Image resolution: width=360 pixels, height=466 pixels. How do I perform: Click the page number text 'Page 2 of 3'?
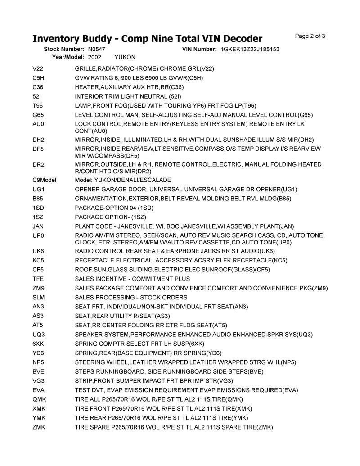(x=310, y=36)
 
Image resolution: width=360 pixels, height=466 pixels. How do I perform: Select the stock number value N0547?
(x=97, y=49)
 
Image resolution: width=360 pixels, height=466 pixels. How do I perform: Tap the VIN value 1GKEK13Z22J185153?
(x=250, y=49)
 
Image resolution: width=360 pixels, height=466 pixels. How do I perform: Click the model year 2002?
(x=94, y=57)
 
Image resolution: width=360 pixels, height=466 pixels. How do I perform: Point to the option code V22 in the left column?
(x=38, y=68)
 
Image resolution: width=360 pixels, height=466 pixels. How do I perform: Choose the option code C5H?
(x=38, y=78)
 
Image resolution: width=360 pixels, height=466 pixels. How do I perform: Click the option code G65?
(x=38, y=115)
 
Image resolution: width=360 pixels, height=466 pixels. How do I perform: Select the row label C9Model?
(x=44, y=180)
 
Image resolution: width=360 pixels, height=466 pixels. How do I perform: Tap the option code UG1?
(x=39, y=189)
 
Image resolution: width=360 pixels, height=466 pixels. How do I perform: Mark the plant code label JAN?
(x=38, y=226)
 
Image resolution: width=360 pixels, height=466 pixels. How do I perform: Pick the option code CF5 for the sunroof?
(x=38, y=270)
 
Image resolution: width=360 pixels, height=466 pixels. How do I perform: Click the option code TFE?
(x=38, y=279)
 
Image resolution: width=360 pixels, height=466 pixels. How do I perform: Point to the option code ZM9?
(x=38, y=288)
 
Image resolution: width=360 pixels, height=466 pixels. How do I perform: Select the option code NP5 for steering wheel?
(x=38, y=362)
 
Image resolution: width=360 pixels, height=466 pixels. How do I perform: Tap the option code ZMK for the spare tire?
(x=39, y=427)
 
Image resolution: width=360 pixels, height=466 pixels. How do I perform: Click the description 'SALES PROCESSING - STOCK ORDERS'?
(x=131, y=298)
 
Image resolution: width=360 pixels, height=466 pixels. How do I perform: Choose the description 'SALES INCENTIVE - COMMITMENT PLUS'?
(x=132, y=279)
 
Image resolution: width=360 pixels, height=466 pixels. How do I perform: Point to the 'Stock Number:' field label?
(x=64, y=49)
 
